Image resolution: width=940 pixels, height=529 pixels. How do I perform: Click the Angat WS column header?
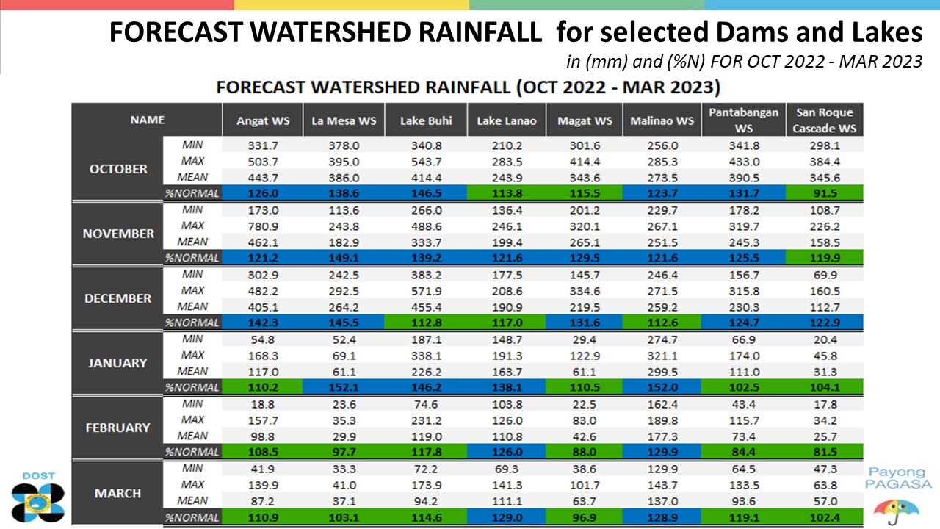pos(263,121)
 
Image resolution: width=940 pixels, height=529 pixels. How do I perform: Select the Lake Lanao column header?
pos(507,121)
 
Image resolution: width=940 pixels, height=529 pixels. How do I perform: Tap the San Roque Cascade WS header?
pos(824,120)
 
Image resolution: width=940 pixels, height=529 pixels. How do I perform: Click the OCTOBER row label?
pos(118,169)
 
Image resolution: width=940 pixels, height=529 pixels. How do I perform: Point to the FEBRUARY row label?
pos(118,428)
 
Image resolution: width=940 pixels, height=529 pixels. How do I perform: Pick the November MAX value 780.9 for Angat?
pos(263,226)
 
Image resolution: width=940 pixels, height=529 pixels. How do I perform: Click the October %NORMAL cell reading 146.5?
pos(427,193)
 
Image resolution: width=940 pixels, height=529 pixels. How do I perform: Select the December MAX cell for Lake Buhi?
pos(427,291)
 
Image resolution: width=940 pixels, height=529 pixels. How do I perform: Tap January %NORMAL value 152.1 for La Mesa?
pos(344,387)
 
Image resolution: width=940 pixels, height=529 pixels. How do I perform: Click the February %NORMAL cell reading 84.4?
pos(744,452)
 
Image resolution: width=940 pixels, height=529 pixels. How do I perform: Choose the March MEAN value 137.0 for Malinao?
pos(662,501)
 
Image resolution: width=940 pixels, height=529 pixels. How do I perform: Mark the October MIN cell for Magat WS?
pos(585,145)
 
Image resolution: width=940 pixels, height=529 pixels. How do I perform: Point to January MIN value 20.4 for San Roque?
pos(825,339)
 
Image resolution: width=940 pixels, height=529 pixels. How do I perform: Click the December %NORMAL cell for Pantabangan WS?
pos(744,323)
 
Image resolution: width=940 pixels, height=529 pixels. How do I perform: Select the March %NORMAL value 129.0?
pos(507,517)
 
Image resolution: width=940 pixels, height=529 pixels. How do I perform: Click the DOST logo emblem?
pos(37,503)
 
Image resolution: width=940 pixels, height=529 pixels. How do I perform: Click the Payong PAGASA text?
pos(898,478)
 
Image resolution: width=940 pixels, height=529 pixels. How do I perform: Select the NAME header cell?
pos(147,120)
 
